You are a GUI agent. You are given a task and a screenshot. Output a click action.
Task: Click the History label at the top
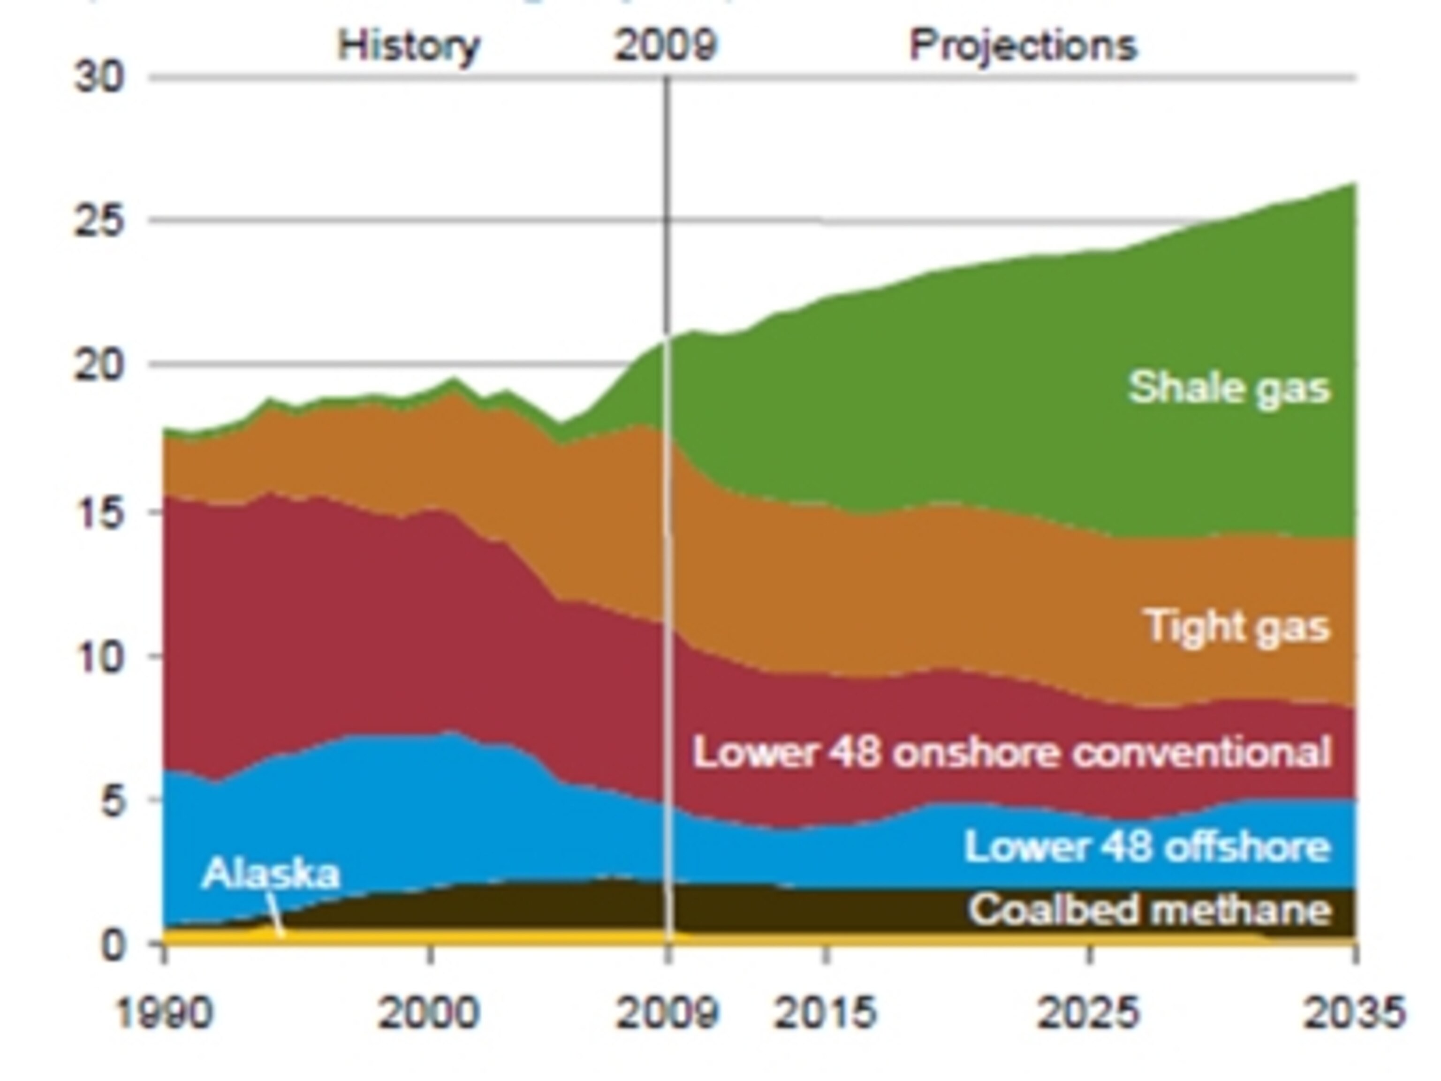click(x=409, y=46)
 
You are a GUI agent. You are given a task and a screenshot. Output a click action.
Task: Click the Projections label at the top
click(x=1023, y=46)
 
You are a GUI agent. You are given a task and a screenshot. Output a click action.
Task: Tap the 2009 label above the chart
click(x=666, y=46)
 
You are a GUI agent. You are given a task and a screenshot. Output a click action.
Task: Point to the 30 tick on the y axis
click(x=99, y=78)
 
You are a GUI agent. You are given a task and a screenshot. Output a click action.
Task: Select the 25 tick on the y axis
click(x=99, y=221)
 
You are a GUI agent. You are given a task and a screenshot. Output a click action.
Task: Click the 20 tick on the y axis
click(x=99, y=365)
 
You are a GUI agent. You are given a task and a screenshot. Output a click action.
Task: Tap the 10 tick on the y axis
click(x=99, y=657)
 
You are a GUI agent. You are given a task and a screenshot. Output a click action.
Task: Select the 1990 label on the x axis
click(x=164, y=1013)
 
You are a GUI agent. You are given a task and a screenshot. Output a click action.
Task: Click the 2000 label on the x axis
click(x=429, y=1013)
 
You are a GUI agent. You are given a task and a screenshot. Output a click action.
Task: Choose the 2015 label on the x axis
click(x=826, y=1013)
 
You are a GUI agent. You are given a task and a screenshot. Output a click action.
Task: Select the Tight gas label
click(x=1236, y=627)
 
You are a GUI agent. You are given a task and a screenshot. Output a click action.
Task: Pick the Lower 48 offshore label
click(x=1146, y=847)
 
